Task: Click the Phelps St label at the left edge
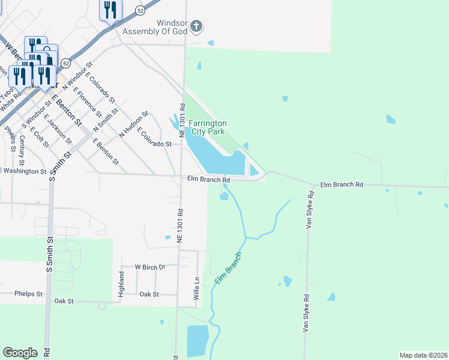click(x=30, y=294)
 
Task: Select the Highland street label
click(x=121, y=280)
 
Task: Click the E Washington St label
click(x=23, y=171)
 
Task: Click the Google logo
click(x=20, y=353)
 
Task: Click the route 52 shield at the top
click(x=140, y=10)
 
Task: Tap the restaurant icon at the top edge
click(x=110, y=10)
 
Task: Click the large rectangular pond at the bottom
click(x=197, y=341)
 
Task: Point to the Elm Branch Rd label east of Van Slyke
click(x=342, y=185)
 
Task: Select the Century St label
click(x=22, y=150)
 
